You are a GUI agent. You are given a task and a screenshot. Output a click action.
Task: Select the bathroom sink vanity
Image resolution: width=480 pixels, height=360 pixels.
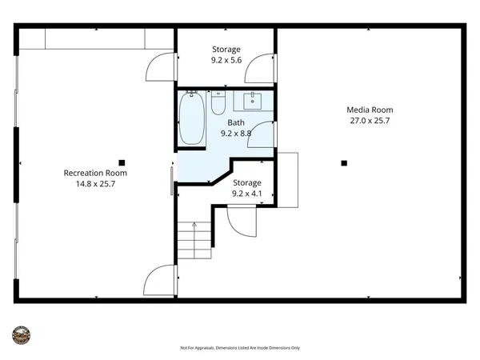click(254, 101)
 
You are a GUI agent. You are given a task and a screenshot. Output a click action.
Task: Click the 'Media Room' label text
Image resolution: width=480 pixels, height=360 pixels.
click(369, 110)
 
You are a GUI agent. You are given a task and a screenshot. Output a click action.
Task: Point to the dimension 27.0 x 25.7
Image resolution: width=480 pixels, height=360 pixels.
click(369, 121)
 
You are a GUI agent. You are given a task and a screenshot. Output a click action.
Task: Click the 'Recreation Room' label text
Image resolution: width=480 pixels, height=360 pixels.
click(95, 173)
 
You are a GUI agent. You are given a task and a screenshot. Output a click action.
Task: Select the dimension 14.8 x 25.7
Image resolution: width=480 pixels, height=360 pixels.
click(95, 184)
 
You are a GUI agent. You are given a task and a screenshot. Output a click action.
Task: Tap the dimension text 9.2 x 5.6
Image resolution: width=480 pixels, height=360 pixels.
click(226, 60)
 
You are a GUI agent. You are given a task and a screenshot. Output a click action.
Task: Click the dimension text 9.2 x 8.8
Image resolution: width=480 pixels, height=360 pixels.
click(236, 134)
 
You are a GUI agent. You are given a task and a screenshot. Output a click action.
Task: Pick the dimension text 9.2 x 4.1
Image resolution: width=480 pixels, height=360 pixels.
click(247, 194)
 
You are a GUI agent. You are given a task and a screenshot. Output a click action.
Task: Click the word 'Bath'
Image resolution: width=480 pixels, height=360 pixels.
click(236, 122)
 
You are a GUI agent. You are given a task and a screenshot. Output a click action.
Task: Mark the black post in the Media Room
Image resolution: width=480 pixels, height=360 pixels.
click(344, 163)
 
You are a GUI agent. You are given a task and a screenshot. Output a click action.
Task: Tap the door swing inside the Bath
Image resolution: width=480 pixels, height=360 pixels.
click(264, 134)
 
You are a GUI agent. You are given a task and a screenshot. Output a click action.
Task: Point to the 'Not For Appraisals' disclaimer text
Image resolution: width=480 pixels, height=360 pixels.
click(240, 348)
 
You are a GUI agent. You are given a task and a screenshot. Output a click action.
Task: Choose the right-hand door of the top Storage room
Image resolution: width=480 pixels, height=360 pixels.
click(260, 70)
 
